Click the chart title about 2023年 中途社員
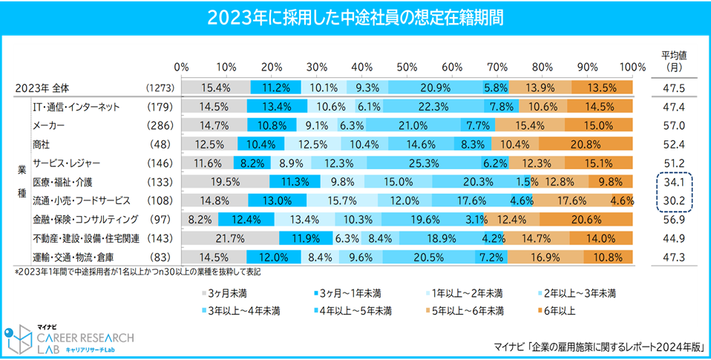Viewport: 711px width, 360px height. [355, 16]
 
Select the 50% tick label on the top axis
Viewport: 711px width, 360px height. [407, 66]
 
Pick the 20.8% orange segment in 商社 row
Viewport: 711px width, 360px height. [586, 144]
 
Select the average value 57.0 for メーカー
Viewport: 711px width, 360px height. [673, 125]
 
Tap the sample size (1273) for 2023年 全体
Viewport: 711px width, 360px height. [160, 88]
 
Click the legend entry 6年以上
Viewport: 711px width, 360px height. [560, 310]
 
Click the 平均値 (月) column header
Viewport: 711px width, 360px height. [674, 60]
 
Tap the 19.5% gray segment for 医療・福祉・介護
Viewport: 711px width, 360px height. [226, 182]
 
